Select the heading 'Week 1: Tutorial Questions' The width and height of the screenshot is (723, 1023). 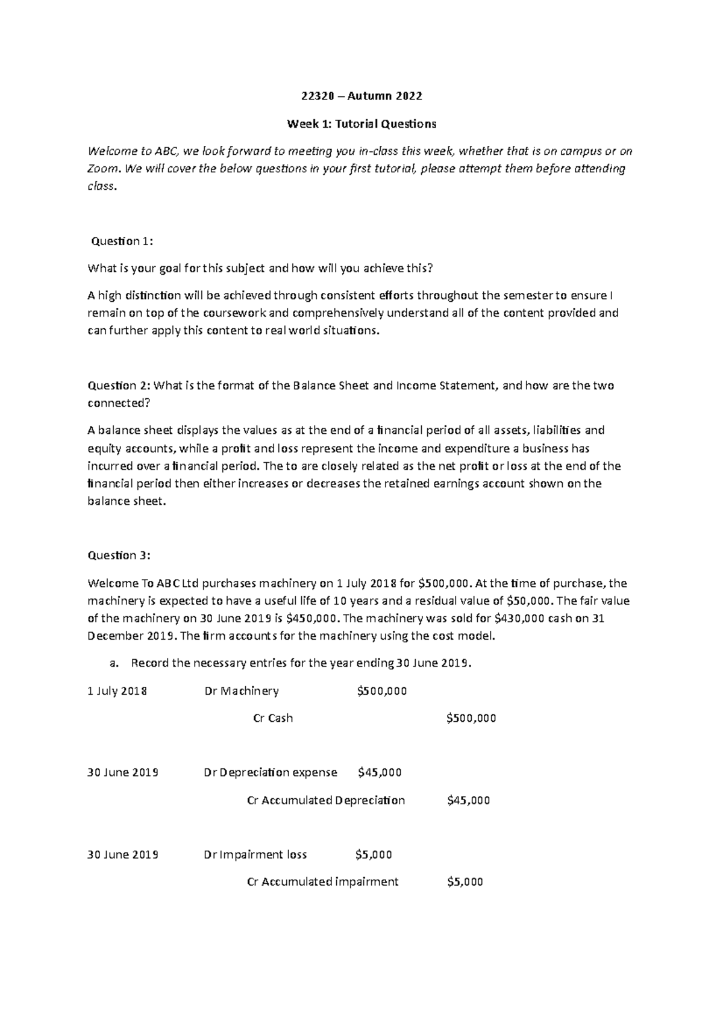(361, 124)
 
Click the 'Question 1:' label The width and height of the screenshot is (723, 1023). (122, 242)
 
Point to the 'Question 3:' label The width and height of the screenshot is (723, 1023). (119, 555)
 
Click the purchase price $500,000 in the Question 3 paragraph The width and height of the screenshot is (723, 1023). (443, 583)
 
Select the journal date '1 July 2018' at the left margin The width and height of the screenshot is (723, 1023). (117, 691)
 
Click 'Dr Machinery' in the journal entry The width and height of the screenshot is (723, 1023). (242, 691)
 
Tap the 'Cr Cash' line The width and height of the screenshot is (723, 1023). (273, 718)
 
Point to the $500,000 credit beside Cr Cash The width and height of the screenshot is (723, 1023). (471, 718)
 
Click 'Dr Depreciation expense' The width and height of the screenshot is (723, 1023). (271, 772)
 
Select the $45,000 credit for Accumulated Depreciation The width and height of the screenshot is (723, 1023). (469, 801)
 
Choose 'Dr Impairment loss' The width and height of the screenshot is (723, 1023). (255, 855)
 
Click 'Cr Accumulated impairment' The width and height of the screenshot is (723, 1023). (323, 882)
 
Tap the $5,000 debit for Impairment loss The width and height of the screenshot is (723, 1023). (374, 855)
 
